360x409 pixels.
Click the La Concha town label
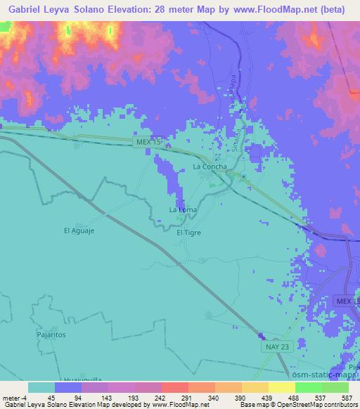pyautogui.click(x=209, y=167)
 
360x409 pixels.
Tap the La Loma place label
pyautogui.click(x=182, y=210)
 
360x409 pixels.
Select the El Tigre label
pyautogui.click(x=188, y=233)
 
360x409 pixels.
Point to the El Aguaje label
pyautogui.click(x=78, y=230)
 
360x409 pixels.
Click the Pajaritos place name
pyautogui.click(x=51, y=335)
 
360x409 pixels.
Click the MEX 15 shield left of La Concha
pyautogui.click(x=148, y=142)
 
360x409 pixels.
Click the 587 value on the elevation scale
pyautogui.click(x=347, y=398)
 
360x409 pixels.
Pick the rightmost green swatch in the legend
pyautogui.click(x=335, y=387)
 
